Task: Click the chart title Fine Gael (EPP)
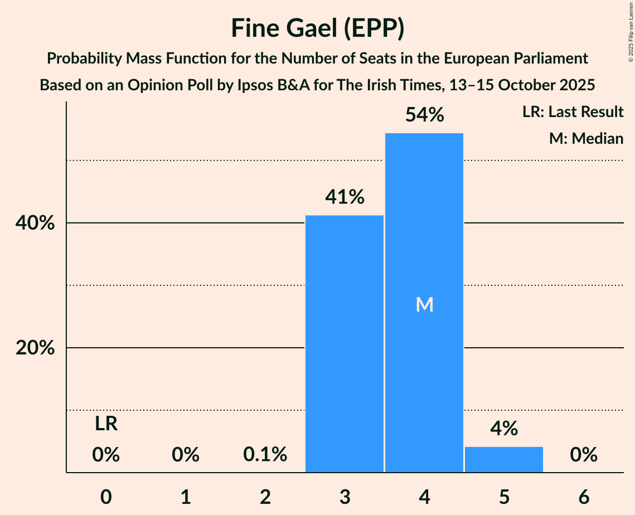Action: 317,29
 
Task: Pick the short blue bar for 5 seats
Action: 504,459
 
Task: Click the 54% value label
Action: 424,115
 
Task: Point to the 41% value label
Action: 345,197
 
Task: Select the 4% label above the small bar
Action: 504,429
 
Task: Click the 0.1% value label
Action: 265,455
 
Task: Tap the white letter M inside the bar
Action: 424,304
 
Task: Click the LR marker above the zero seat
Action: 106,424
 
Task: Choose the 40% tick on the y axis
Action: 35,224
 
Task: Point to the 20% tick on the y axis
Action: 35,348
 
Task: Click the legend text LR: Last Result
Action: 573,112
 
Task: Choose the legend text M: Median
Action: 586,138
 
